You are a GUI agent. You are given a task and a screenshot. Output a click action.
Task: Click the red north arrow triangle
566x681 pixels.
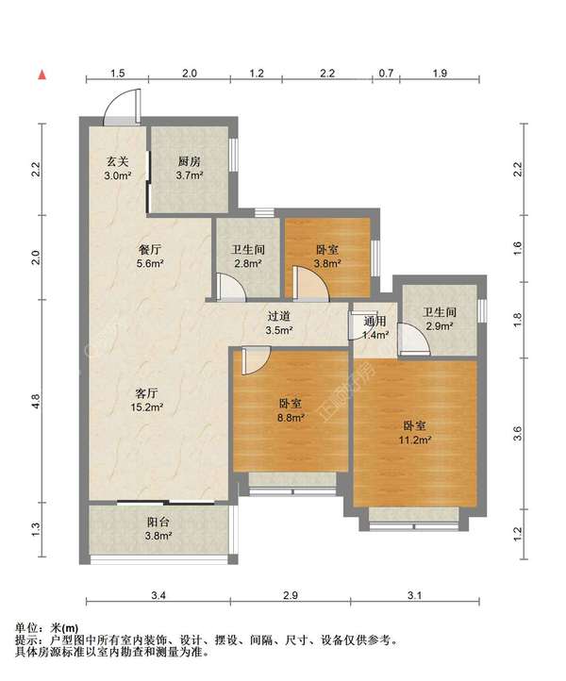tap(42, 75)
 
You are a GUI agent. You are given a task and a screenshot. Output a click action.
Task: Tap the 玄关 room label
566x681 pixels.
tap(118, 162)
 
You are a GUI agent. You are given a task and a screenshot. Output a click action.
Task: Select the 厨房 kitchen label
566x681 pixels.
tap(190, 162)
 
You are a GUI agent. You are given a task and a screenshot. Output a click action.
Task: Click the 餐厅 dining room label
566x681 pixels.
tap(150, 250)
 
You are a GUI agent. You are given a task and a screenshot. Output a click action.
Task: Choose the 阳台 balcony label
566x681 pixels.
tap(158, 523)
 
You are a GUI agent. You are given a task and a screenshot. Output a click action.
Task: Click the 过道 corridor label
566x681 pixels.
tap(278, 317)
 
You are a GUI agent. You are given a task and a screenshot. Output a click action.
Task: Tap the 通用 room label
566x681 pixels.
tap(375, 322)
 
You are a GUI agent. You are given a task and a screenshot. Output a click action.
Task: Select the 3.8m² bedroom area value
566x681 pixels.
tap(327, 263)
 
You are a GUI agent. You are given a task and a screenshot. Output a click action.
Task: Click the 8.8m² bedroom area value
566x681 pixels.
tap(291, 418)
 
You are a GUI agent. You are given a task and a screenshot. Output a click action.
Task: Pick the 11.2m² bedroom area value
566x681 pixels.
tap(415, 440)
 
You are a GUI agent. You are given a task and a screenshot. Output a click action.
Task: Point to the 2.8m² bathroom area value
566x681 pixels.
tap(248, 263)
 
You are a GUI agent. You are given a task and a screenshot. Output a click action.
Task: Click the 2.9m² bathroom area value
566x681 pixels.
tap(440, 325)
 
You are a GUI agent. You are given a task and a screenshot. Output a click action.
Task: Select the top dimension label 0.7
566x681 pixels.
tap(386, 73)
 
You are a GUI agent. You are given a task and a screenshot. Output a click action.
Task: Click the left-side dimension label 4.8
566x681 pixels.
tap(36, 401)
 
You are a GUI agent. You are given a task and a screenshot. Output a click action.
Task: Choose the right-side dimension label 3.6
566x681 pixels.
tap(517, 433)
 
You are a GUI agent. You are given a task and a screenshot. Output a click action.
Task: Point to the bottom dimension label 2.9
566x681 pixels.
tap(291, 595)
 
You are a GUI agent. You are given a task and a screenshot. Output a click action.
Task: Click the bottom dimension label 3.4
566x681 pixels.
tap(158, 595)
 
